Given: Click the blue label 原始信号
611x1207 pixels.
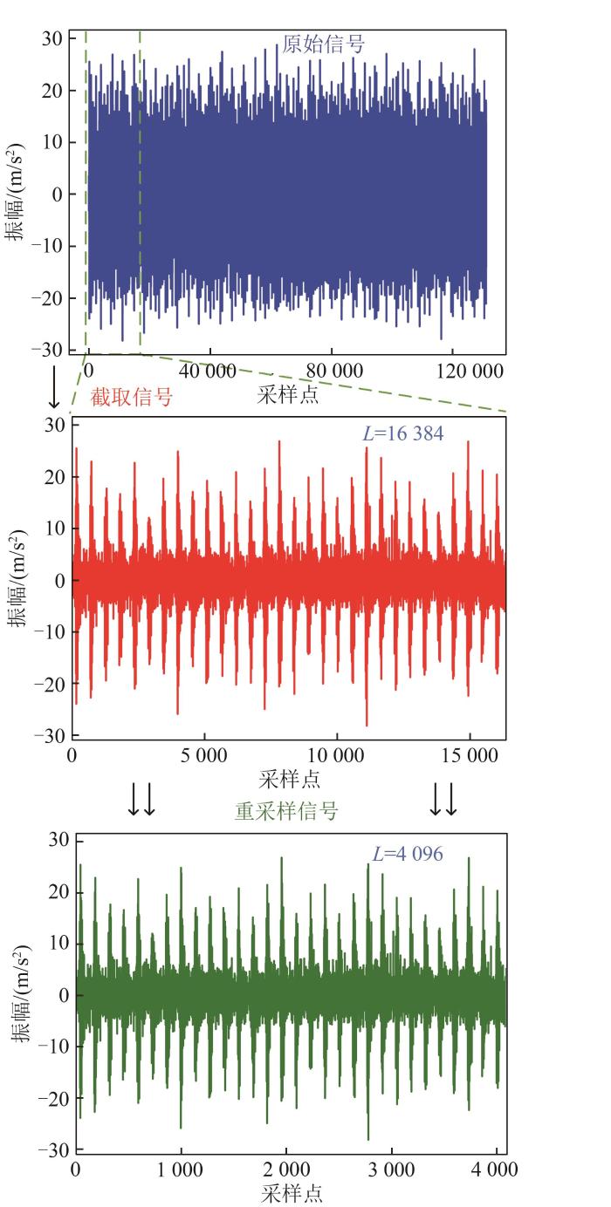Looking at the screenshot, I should coord(323,44).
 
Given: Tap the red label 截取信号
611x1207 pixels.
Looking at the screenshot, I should coord(132,398).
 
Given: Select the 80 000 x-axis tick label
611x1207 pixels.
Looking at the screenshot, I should coord(336,371).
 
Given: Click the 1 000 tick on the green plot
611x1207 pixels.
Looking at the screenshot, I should coord(181,1170).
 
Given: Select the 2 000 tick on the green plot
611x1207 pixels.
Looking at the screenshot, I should coord(285,1170).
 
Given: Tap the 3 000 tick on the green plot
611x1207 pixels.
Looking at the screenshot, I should coord(391,1170).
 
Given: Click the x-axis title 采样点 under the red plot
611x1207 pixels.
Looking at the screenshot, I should coord(289,777).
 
